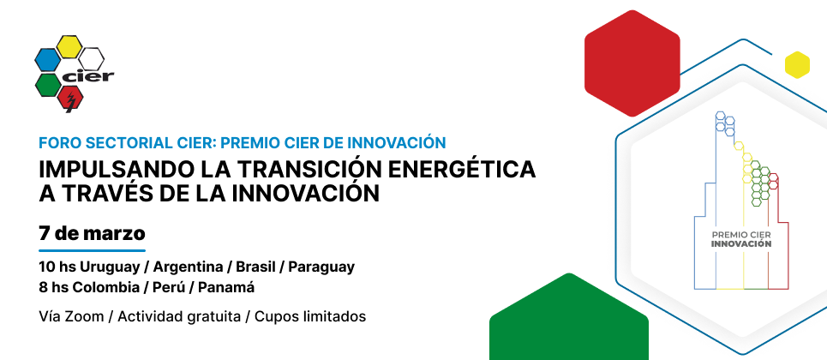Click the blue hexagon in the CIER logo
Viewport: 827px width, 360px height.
click(47, 60)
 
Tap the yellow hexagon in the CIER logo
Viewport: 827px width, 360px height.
click(69, 46)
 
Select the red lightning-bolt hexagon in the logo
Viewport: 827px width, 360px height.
click(69, 99)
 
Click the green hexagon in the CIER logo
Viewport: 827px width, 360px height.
click(48, 85)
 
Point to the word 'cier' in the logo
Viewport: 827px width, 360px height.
click(88, 76)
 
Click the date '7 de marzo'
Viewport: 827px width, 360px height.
click(92, 233)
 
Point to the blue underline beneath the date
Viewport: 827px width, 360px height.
click(92, 250)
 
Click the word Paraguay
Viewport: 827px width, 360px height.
click(321, 267)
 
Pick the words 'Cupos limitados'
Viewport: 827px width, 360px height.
click(310, 317)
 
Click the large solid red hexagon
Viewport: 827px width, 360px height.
click(632, 63)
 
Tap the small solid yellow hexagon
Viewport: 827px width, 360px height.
click(797, 65)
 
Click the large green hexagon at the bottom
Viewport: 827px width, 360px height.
click(569, 317)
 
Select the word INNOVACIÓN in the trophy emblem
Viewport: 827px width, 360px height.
click(741, 244)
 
